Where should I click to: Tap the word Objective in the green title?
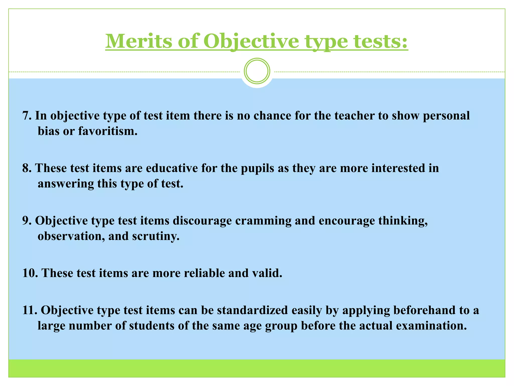pos(251,41)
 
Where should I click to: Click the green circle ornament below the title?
pos(257,71)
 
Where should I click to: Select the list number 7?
pos(26,116)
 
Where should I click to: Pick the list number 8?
pos(26,168)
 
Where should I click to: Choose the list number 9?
pos(26,221)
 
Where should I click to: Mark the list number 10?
pos(30,273)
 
